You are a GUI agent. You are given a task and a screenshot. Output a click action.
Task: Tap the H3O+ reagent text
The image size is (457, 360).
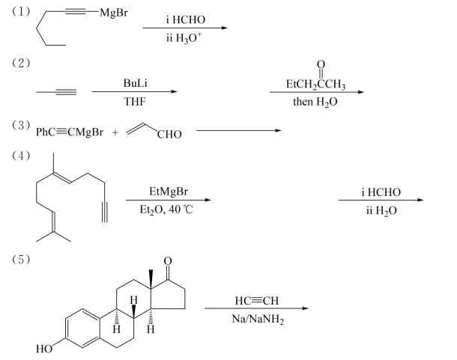pos(184,37)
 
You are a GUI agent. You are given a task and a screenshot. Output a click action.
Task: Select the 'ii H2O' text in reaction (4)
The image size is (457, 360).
pos(379,210)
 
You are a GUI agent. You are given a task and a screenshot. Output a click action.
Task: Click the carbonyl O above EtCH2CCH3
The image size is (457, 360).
pos(322,64)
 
